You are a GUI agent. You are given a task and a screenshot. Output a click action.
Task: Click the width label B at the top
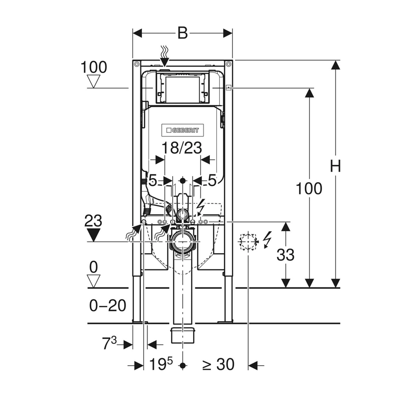click(182, 33)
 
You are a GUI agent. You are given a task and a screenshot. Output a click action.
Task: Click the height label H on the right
click(335, 167)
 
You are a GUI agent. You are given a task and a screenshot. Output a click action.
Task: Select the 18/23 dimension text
click(182, 148)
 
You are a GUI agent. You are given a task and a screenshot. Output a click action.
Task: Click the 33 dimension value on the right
click(285, 255)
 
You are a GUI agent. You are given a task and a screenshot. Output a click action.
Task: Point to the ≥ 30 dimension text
click(218, 365)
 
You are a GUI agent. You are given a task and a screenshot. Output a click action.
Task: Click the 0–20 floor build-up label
click(108, 306)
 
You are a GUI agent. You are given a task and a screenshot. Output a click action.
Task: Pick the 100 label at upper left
click(94, 66)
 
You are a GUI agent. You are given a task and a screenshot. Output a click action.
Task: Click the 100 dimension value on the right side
click(309, 189)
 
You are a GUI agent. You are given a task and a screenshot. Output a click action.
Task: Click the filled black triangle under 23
click(93, 235)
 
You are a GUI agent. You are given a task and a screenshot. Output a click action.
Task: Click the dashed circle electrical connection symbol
click(247, 242)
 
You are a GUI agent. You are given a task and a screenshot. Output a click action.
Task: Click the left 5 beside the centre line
click(153, 181)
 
